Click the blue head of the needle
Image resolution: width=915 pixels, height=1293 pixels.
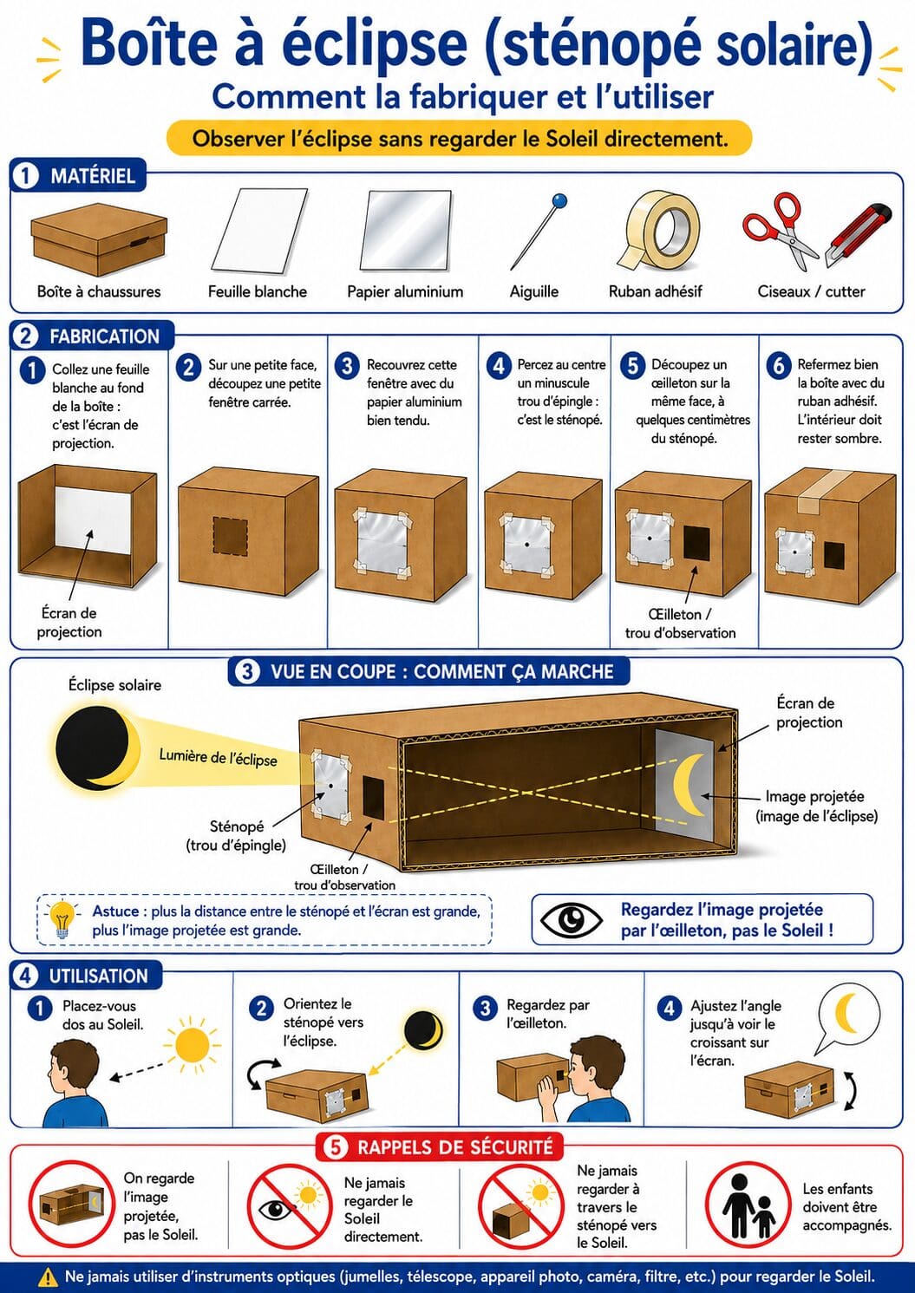click(x=559, y=201)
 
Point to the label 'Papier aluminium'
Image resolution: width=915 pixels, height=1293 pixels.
click(x=405, y=291)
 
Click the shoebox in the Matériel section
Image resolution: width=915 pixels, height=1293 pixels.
click(x=99, y=238)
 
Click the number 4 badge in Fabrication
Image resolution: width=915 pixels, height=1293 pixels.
click(x=498, y=366)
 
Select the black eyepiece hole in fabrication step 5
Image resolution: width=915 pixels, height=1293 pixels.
click(x=696, y=543)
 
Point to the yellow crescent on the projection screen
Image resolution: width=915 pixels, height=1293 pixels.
click(x=690, y=785)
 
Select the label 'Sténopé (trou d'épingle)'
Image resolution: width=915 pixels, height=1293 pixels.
click(x=236, y=836)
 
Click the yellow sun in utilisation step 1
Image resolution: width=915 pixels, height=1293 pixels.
click(x=192, y=1044)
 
